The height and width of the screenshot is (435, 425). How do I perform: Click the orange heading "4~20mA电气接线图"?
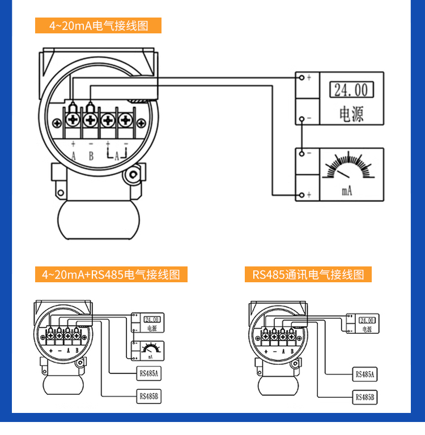click(x=98, y=25)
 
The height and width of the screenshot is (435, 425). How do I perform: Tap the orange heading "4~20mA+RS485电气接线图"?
click(x=111, y=275)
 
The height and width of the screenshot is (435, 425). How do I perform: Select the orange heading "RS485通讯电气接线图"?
click(x=308, y=275)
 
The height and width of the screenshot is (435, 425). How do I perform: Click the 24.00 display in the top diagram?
click(x=351, y=90)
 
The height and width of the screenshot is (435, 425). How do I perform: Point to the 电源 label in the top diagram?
click(x=351, y=114)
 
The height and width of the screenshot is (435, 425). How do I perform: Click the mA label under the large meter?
click(x=347, y=191)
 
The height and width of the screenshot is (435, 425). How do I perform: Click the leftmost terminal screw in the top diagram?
click(x=73, y=120)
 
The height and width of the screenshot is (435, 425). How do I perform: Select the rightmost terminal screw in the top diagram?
click(x=125, y=120)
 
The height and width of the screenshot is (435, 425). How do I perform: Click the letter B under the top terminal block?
click(x=91, y=156)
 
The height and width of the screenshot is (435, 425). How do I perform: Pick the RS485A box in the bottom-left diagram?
click(x=150, y=373)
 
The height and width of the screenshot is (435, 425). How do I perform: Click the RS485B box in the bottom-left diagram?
click(x=150, y=397)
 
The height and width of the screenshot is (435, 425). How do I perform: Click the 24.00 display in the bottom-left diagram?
click(x=152, y=319)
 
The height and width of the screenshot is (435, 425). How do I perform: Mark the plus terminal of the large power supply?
click(x=302, y=77)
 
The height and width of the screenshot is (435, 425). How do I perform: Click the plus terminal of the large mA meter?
click(x=302, y=195)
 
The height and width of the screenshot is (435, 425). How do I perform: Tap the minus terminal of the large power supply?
click(x=302, y=118)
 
